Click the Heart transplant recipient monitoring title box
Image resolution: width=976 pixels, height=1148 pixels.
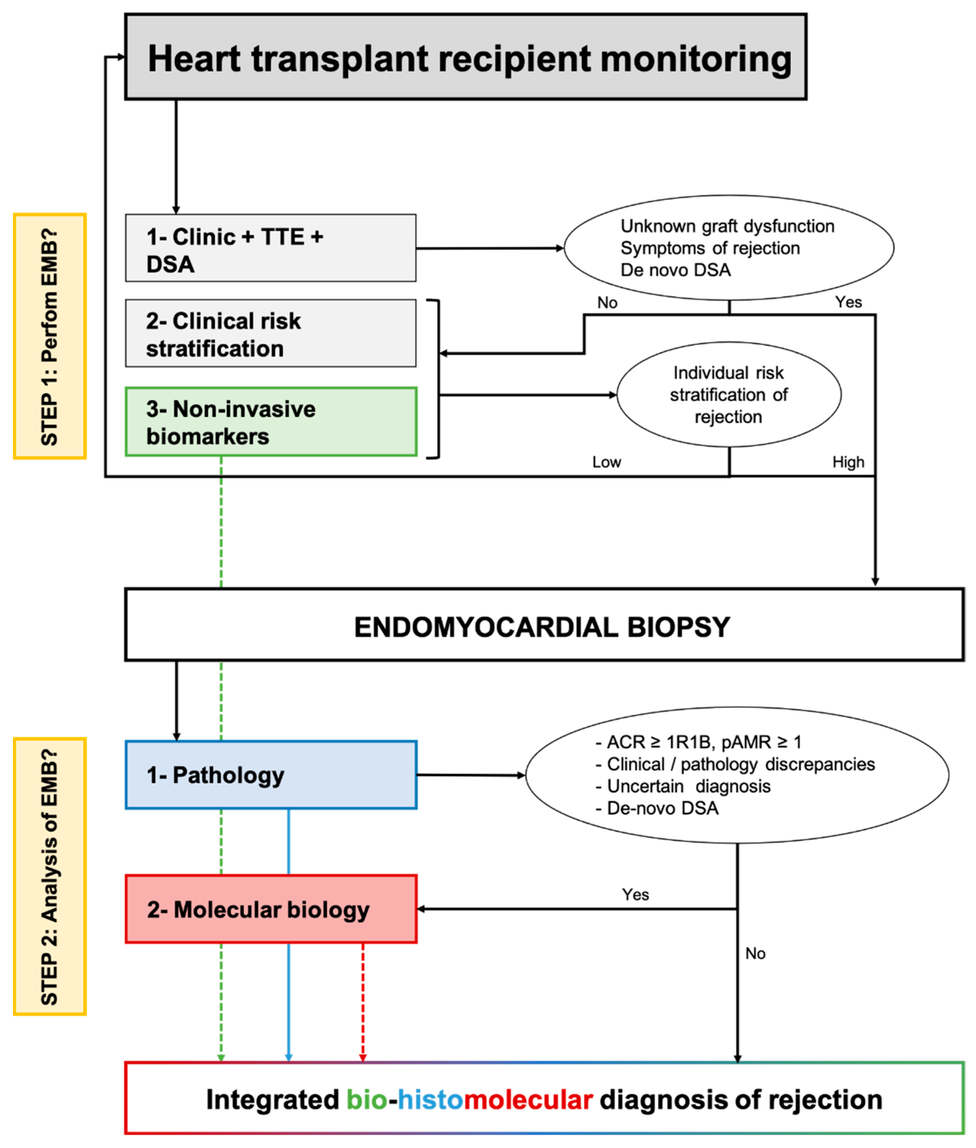point(465,57)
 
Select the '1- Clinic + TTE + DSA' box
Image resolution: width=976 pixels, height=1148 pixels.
point(270,248)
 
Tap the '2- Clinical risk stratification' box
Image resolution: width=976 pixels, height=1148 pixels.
point(270,333)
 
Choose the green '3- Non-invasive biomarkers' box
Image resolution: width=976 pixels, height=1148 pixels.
point(270,421)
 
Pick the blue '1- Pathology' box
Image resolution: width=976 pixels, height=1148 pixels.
point(270,774)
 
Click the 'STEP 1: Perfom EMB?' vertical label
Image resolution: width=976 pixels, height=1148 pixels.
point(50,336)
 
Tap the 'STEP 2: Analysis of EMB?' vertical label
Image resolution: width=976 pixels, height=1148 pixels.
point(50,876)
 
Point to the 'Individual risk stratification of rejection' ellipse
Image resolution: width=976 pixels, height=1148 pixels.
point(729,395)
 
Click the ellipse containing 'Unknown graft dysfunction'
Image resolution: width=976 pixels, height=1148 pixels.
point(729,247)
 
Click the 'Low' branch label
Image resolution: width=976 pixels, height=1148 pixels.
point(606,462)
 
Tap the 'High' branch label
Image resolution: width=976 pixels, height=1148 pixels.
point(848,462)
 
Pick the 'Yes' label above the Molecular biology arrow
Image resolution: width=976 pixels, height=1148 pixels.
point(635,895)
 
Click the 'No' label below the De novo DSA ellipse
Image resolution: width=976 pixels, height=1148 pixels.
point(607,302)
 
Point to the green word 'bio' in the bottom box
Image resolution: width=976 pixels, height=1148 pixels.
point(366,1099)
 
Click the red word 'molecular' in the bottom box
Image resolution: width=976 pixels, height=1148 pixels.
point(528,1099)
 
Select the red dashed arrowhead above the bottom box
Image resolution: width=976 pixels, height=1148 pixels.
point(363,1057)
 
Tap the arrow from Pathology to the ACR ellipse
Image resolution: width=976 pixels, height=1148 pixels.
point(470,775)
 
